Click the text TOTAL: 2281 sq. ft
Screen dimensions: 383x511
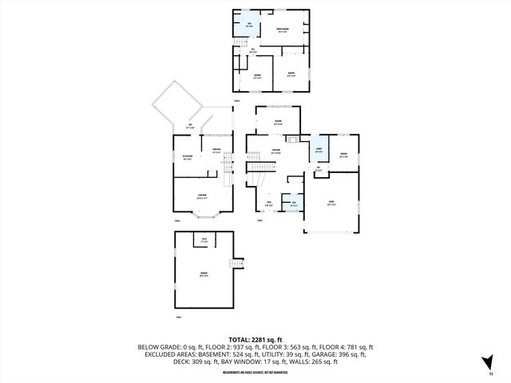(x=255, y=339)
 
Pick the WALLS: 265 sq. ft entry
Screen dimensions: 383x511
(x=317, y=361)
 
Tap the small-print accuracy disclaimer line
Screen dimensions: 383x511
(x=255, y=370)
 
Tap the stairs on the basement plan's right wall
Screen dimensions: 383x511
(x=236, y=265)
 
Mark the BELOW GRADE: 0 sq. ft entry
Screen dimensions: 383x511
(x=171, y=347)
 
